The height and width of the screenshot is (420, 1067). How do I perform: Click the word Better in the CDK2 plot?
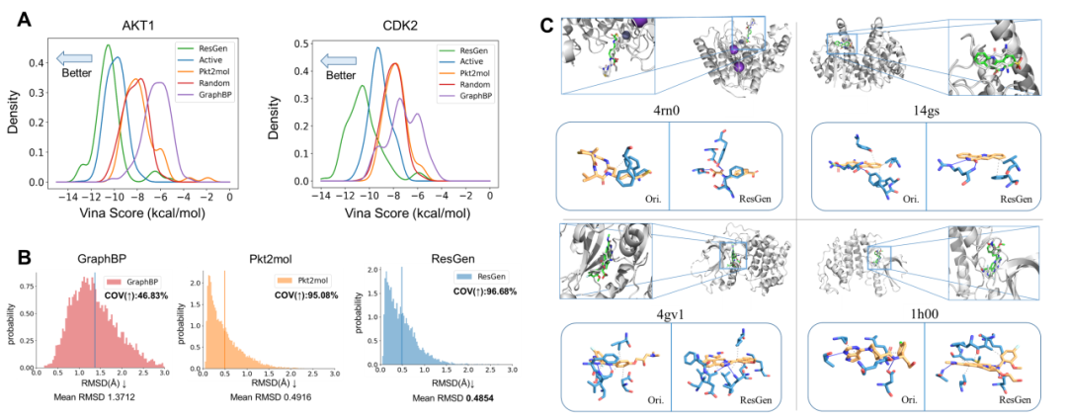point(341,74)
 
